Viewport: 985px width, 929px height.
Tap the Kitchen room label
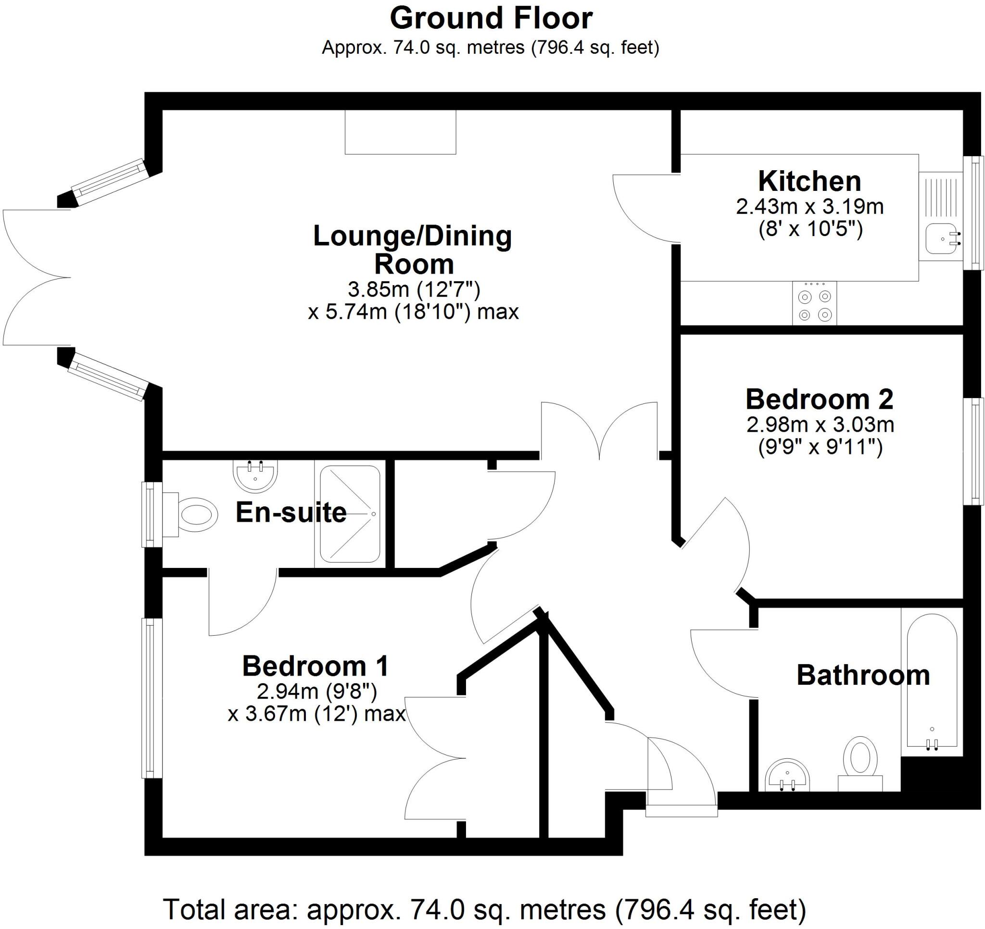pyautogui.click(x=809, y=181)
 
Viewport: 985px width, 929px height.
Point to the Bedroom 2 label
pyautogui.click(x=820, y=400)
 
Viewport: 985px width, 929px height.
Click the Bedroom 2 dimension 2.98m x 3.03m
pyautogui.click(x=820, y=425)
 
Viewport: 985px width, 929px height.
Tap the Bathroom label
pyautogui.click(x=863, y=675)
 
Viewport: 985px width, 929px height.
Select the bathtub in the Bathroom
pyautogui.click(x=932, y=684)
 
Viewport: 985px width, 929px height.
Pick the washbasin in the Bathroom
pyautogui.click(x=787, y=776)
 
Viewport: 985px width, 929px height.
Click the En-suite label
pyautogui.click(x=291, y=512)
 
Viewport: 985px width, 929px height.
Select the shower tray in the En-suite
pyautogui.click(x=350, y=514)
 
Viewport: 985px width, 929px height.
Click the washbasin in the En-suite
pyautogui.click(x=255, y=475)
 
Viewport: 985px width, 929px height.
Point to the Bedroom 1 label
pyautogui.click(x=315, y=666)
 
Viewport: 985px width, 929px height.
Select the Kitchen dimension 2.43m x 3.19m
pyautogui.click(x=809, y=207)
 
